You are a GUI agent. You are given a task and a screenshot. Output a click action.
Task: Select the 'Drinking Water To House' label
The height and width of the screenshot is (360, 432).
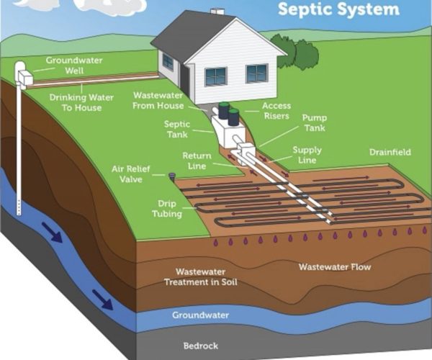(75, 102)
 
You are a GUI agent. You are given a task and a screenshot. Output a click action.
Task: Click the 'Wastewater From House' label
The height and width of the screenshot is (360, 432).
(162, 100)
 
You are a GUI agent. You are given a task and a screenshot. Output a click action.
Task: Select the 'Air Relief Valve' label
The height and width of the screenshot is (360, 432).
(131, 174)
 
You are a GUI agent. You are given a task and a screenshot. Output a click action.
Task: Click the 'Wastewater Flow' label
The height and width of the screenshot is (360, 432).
(335, 267)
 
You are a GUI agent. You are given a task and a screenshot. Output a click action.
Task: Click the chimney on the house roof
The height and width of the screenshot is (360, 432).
(217, 12)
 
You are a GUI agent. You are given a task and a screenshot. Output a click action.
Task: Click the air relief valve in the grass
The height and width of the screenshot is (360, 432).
(171, 176)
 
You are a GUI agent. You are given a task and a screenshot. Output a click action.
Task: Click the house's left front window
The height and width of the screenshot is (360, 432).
(215, 76)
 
